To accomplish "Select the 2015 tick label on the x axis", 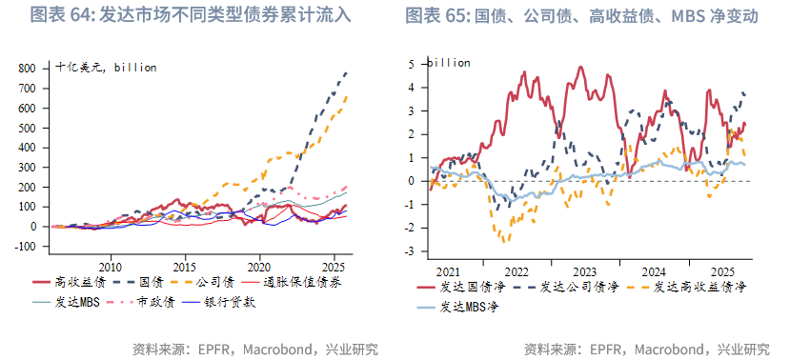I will (185, 266).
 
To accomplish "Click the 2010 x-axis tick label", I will (111, 266).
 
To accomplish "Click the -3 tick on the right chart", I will (411, 251).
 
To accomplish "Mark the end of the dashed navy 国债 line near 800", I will (346, 72).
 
